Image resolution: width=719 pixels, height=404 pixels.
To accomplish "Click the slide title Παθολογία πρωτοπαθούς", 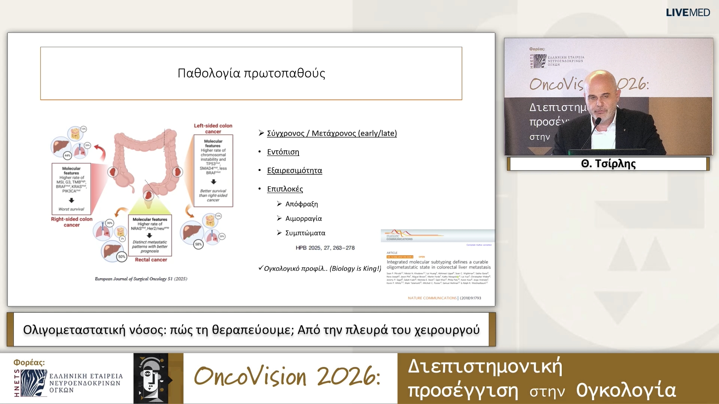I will [x=251, y=73].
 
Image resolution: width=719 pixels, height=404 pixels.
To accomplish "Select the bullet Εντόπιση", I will [x=283, y=152].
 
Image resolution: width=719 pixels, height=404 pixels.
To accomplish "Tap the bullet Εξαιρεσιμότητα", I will [x=294, y=171].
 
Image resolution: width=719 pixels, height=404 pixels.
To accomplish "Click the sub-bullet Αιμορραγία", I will [x=303, y=218].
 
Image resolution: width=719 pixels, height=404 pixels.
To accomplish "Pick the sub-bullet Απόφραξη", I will [x=301, y=204].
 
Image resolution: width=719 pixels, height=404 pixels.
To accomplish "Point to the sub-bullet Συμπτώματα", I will [x=305, y=233].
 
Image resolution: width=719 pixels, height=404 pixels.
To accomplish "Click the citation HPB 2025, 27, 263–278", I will [x=325, y=248].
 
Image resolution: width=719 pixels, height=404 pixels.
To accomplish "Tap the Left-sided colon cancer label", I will [x=213, y=129].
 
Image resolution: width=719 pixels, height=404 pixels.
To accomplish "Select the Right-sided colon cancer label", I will [x=72, y=222].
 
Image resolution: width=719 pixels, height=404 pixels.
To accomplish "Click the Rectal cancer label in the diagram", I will [x=151, y=260].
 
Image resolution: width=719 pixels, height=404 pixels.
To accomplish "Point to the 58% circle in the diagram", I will [x=198, y=244].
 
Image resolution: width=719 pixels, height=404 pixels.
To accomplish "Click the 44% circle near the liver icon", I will [x=67, y=155].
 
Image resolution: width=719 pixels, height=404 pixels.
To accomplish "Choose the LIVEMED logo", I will [x=688, y=12].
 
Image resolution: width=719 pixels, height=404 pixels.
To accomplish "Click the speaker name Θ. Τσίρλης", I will [x=608, y=164].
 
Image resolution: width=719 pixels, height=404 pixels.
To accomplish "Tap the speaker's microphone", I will [x=598, y=121].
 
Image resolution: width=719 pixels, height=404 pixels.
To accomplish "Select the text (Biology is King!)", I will [x=355, y=269].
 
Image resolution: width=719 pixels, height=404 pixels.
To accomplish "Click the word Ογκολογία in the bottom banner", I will [x=626, y=390].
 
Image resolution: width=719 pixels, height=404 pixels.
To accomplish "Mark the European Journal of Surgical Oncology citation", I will [x=141, y=279].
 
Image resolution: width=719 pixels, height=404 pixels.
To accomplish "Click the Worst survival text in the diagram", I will [x=71, y=209].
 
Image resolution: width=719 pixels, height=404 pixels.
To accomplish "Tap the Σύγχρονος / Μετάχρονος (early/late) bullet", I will [x=331, y=134].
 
